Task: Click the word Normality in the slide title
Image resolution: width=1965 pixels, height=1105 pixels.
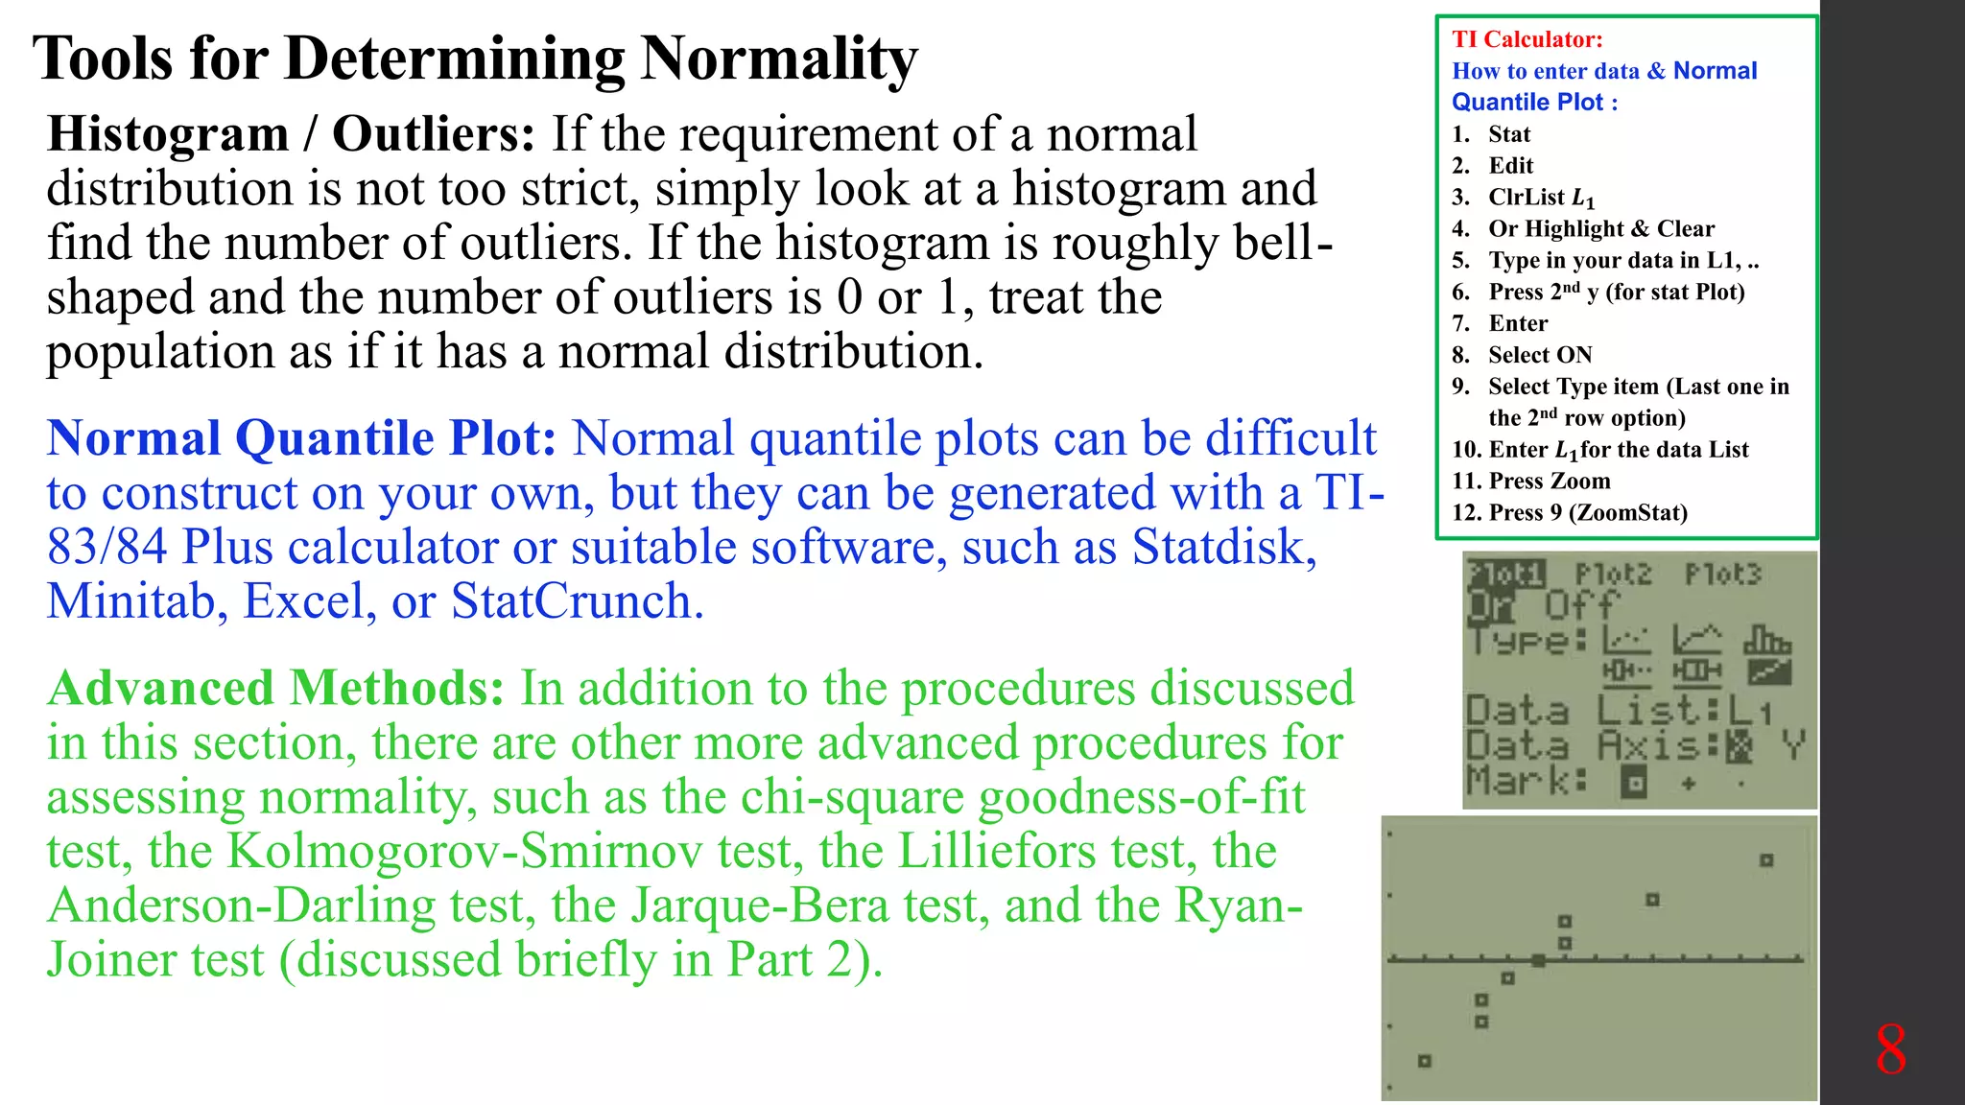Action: point(778,59)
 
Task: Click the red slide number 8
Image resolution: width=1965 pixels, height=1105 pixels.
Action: point(1890,1049)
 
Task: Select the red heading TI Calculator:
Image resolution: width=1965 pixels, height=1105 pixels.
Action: point(1527,39)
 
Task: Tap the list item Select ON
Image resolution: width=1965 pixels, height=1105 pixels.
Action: point(1539,355)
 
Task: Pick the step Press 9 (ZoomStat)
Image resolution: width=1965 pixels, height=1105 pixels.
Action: point(1587,512)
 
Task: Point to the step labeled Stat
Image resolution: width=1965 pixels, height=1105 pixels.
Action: point(1508,134)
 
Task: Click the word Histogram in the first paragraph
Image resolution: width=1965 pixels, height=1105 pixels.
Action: point(168,134)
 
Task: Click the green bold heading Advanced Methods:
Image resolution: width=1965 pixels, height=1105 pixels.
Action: point(275,689)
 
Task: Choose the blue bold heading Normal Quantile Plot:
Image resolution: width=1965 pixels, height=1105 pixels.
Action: point(301,439)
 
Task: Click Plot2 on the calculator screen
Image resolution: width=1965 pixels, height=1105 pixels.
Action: point(1613,575)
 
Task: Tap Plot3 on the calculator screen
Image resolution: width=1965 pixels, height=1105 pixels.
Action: point(1723,575)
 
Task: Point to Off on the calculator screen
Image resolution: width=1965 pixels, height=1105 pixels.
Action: point(1580,605)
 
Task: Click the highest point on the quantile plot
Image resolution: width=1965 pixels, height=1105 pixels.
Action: point(1766,860)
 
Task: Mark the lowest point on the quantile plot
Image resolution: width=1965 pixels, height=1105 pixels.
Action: point(1425,1061)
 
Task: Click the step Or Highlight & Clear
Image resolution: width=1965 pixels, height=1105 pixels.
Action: point(1600,229)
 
